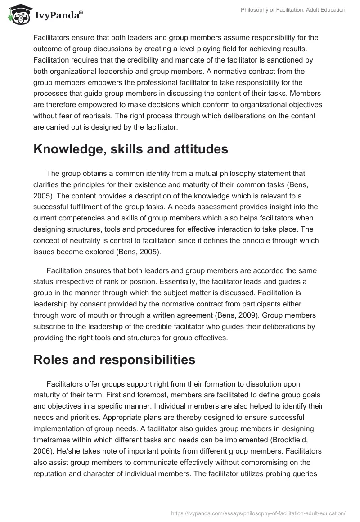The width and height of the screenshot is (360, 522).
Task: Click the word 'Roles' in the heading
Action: (x=52, y=360)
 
